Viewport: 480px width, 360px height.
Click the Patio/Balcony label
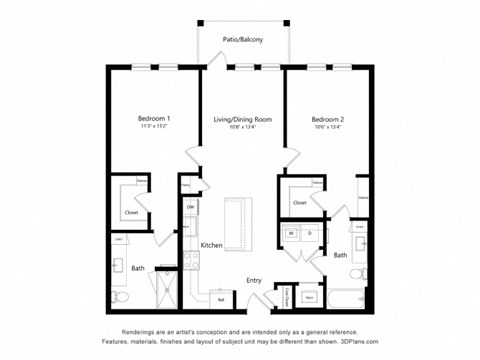pyautogui.click(x=244, y=39)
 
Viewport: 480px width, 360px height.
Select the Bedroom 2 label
pyautogui.click(x=328, y=119)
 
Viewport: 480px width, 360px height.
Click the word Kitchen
pyautogui.click(x=211, y=245)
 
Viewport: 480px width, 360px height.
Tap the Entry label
pyautogui.click(x=254, y=280)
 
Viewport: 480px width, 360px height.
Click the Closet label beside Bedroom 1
pyautogui.click(x=131, y=213)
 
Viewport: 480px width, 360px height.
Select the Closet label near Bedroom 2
pyautogui.click(x=300, y=203)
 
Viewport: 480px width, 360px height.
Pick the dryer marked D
pyautogui.click(x=310, y=233)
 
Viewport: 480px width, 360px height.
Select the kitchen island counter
pyautogui.click(x=239, y=225)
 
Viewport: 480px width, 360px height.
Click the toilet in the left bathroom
pyautogui.click(x=117, y=296)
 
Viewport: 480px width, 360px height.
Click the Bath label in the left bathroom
pyautogui.click(x=137, y=268)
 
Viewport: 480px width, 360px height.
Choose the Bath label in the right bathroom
pyautogui.click(x=340, y=255)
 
